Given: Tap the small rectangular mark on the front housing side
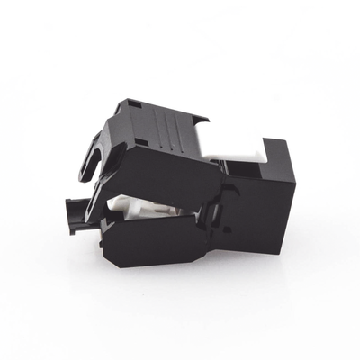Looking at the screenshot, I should (x=226, y=230).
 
